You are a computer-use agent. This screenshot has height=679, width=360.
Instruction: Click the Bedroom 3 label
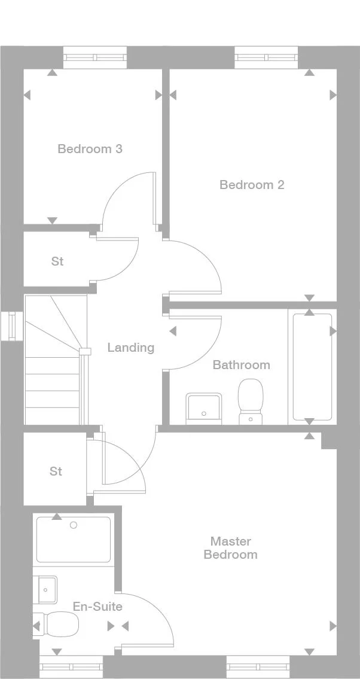90,149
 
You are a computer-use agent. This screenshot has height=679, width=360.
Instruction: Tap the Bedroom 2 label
252,185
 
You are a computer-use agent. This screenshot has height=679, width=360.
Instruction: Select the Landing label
131,348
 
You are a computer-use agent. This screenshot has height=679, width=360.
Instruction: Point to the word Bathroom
242,364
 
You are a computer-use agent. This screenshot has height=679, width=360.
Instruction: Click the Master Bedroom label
231,548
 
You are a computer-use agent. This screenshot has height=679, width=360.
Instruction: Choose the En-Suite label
97,607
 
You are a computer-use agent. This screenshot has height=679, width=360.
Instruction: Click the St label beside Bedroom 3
57,261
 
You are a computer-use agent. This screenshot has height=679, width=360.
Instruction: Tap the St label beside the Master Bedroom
56,471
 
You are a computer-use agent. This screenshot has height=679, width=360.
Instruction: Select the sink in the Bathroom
204,409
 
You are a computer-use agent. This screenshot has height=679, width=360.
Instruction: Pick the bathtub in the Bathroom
312,367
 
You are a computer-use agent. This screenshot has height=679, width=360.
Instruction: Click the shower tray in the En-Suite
73,539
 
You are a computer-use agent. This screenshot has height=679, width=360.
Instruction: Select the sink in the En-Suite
47,589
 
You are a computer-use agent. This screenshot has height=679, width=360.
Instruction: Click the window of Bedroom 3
95,57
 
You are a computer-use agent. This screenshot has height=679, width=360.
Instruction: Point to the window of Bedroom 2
267,57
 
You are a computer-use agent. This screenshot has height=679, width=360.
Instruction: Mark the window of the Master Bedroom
258,667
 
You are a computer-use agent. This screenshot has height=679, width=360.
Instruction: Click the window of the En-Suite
71,667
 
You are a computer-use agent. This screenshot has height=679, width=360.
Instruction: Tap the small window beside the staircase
12,326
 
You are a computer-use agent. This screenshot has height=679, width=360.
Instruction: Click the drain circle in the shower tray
74,525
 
